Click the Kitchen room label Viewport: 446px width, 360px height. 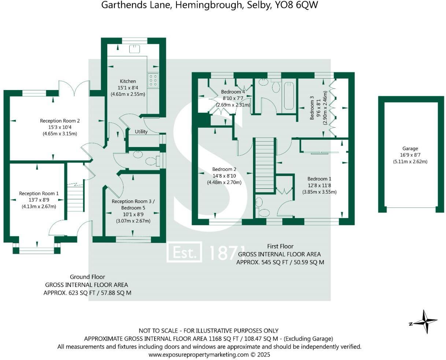(x=128, y=81)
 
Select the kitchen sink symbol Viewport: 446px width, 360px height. (x=135, y=48)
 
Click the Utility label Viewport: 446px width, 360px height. (x=141, y=132)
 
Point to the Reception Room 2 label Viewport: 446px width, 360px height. (x=60, y=121)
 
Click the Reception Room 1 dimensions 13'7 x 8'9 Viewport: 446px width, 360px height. (x=39, y=200)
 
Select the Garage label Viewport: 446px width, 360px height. (x=410, y=149)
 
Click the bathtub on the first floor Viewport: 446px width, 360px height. (x=289, y=96)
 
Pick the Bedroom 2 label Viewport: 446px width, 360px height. (x=224, y=169)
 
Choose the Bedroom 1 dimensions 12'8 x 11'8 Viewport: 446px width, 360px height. (x=319, y=185)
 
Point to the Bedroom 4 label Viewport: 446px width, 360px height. (x=233, y=92)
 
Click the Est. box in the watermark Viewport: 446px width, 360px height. (x=184, y=252)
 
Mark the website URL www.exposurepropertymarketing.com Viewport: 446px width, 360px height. (x=198, y=355)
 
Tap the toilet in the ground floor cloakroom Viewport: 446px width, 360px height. (x=152, y=161)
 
